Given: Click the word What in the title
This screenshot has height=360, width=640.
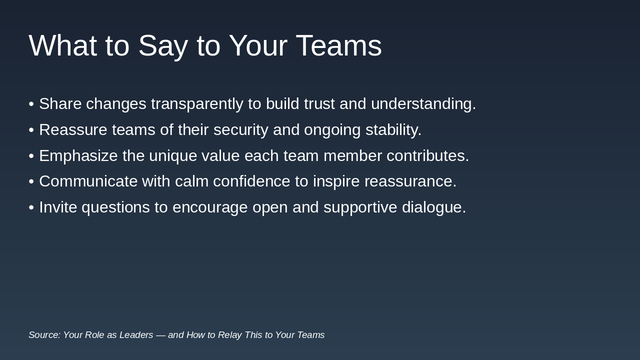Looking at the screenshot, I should pos(62,46).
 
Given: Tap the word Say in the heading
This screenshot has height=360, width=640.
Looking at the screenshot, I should pos(162,46).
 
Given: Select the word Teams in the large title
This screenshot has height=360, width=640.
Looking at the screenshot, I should pos(338,46).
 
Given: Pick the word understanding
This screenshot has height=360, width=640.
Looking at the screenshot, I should pos(423,104).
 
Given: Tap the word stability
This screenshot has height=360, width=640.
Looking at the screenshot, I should pos(393,130).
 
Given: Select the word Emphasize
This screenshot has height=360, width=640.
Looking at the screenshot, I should pos(78,156).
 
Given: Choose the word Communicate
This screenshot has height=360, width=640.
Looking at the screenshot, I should pos(88,181).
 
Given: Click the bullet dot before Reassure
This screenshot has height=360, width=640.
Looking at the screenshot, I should pos(31,130).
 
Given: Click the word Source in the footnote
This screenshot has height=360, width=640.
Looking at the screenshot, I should pos(44,335).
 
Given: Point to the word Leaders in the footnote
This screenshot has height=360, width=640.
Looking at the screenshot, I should pos(136,335).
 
